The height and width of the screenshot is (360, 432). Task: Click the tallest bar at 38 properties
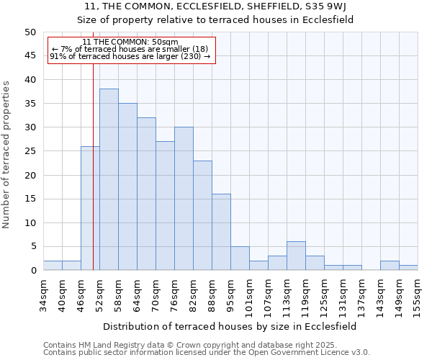point(109,179)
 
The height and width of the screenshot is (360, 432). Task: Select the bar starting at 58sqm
point(127,186)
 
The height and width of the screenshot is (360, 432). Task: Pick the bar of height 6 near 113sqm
point(296,256)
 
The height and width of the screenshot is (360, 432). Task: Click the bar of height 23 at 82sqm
point(202,215)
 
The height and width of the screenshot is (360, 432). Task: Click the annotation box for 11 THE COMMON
point(130,50)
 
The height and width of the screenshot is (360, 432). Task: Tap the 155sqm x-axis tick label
point(418,295)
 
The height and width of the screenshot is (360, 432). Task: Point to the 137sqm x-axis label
point(361,295)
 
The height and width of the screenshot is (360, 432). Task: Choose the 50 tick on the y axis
point(30,32)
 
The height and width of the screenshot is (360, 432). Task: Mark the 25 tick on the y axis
point(30,151)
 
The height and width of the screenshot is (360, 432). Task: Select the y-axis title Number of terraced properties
point(7,155)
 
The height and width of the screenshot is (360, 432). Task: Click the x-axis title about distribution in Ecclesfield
point(230,326)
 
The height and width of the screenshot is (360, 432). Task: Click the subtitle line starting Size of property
point(215,20)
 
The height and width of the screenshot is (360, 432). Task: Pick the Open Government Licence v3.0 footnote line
point(207,353)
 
